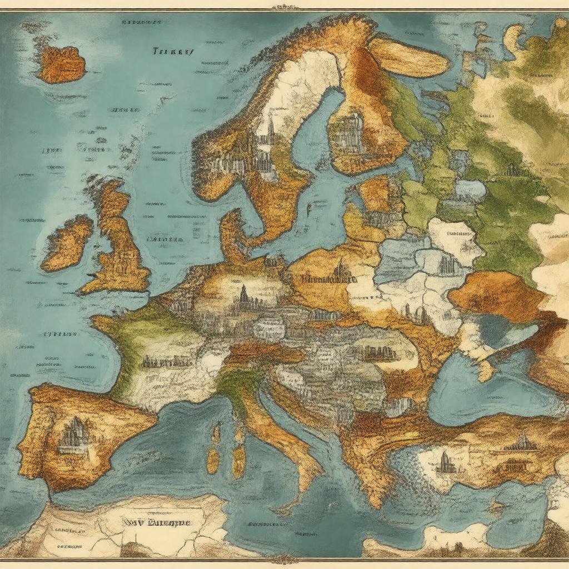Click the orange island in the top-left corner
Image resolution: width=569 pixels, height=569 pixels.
pyautogui.click(x=62, y=64)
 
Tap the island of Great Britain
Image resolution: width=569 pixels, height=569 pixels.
pyautogui.click(x=119, y=244)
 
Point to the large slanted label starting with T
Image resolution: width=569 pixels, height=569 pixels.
pyautogui.click(x=173, y=52)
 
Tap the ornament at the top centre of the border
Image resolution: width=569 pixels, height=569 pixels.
pyautogui.click(x=284, y=7)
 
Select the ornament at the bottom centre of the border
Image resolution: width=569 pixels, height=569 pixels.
pyautogui.click(x=284, y=558)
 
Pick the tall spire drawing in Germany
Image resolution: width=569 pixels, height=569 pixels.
pyautogui.click(x=243, y=297)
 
